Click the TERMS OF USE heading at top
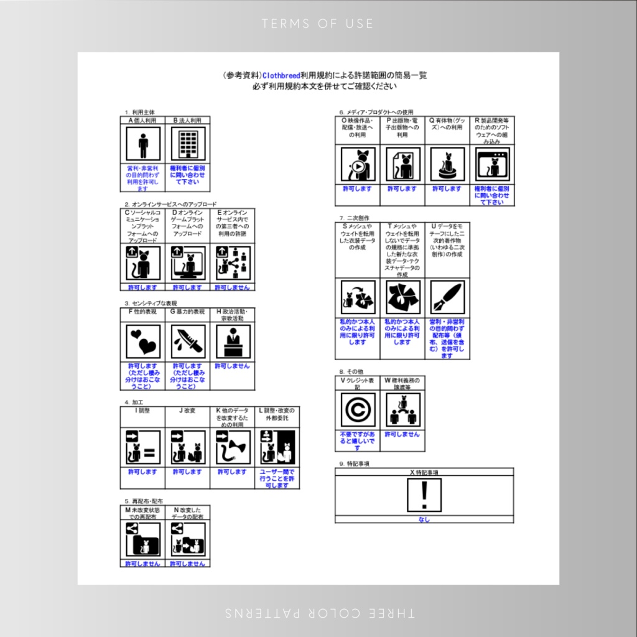pyautogui.click(x=318, y=24)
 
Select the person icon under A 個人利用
pyautogui.click(x=143, y=144)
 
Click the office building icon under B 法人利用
pyautogui.click(x=188, y=144)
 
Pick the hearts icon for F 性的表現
pyautogui.click(x=143, y=342)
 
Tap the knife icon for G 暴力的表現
pyautogui.click(x=188, y=342)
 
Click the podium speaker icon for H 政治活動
pyautogui.click(x=233, y=342)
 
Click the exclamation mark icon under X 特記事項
pyautogui.click(x=424, y=495)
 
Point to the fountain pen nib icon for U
pyautogui.click(x=447, y=297)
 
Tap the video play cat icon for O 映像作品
pyautogui.click(x=358, y=165)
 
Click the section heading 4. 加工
pyautogui.click(x=133, y=402)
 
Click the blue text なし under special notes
pyautogui.click(x=424, y=519)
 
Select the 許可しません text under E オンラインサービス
pyautogui.click(x=233, y=287)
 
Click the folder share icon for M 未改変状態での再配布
pyautogui.click(x=143, y=539)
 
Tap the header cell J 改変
pyautogui.click(x=187, y=411)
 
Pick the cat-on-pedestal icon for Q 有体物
pyautogui.click(x=447, y=165)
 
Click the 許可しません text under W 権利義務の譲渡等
pyautogui.click(x=402, y=434)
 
